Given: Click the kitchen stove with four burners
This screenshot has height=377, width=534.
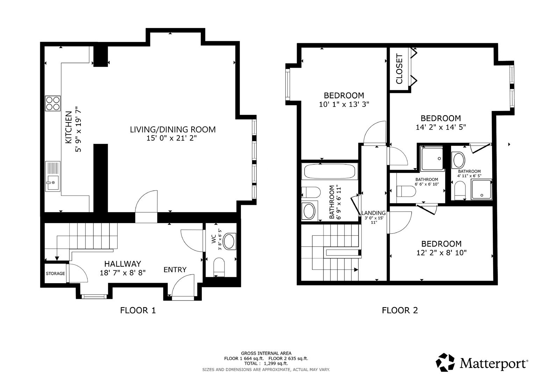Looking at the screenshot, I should coord(53,103).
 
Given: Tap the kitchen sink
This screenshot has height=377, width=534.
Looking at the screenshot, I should coord(52,176).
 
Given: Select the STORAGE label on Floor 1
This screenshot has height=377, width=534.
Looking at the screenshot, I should coord(55,274).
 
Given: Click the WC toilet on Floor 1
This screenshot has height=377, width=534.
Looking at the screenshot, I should coord(219,267).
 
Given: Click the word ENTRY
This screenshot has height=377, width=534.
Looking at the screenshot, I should coord(175,270).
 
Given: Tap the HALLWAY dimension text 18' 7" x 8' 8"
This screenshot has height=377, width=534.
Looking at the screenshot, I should coord(122,273).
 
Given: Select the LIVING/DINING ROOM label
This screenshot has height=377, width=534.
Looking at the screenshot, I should coord(173,130).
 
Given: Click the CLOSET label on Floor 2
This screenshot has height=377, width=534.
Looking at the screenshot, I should coord(399,69).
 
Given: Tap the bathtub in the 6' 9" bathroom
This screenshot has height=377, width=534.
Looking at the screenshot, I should coord(329,172).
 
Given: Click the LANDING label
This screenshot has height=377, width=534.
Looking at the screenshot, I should coord(373,213).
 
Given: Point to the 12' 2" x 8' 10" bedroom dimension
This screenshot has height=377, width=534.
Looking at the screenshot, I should coord(441,253).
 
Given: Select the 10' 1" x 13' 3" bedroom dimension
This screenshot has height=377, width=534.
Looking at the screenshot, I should coord(344,104).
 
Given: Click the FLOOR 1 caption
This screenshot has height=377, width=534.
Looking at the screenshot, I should coord(138,310).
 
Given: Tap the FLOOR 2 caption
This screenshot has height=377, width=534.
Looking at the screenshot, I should coord(400,310).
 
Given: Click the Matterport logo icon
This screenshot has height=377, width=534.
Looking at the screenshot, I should coord(445,362).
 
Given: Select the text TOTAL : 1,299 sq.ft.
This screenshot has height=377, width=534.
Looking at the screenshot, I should coord(266,363).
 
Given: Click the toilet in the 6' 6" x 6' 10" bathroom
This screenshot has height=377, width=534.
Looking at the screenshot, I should coord(406,191).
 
